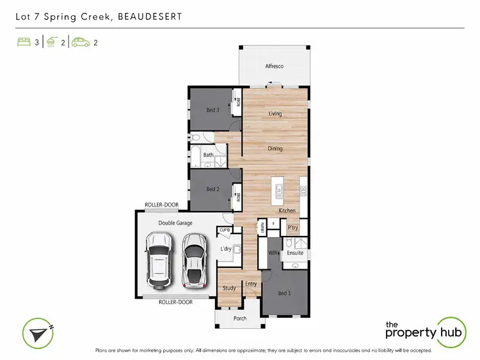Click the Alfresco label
[275, 67]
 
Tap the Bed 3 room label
[212, 109]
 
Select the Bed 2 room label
[212, 189]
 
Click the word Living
[275, 114]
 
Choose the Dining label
[275, 148]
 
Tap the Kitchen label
[286, 210]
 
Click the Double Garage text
[175, 223]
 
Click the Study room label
[229, 288]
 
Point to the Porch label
[239, 318]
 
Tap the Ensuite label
[295, 253]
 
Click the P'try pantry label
[292, 228]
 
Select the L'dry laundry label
[225, 248]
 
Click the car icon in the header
[80, 43]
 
